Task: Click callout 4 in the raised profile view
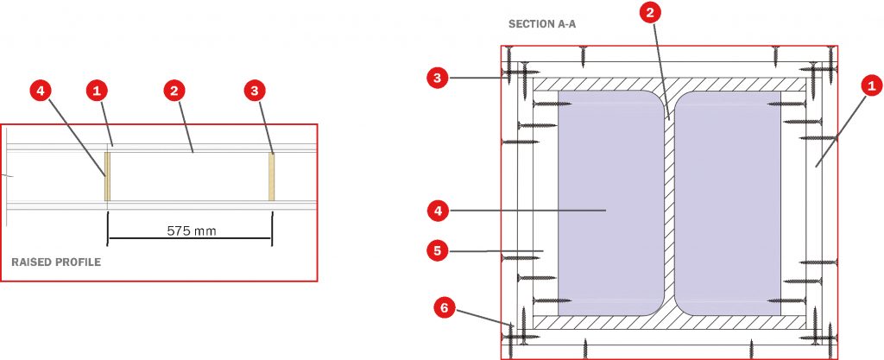(41, 90)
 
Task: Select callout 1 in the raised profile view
(97, 90)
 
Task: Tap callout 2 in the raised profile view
(174, 90)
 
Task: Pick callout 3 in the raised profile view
(255, 90)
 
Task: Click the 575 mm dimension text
(192, 231)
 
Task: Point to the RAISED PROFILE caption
(56, 262)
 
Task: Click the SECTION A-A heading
(542, 24)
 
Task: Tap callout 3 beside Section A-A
(438, 79)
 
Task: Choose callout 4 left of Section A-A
(438, 212)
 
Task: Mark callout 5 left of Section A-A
(438, 250)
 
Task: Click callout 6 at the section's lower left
(445, 307)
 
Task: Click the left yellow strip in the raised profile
(107, 176)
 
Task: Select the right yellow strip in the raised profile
(272, 176)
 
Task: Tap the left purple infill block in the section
(610, 203)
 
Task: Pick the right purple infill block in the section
(728, 203)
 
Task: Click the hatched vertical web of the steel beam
(670, 203)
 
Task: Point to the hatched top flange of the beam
(670, 85)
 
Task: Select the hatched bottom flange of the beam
(670, 322)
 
